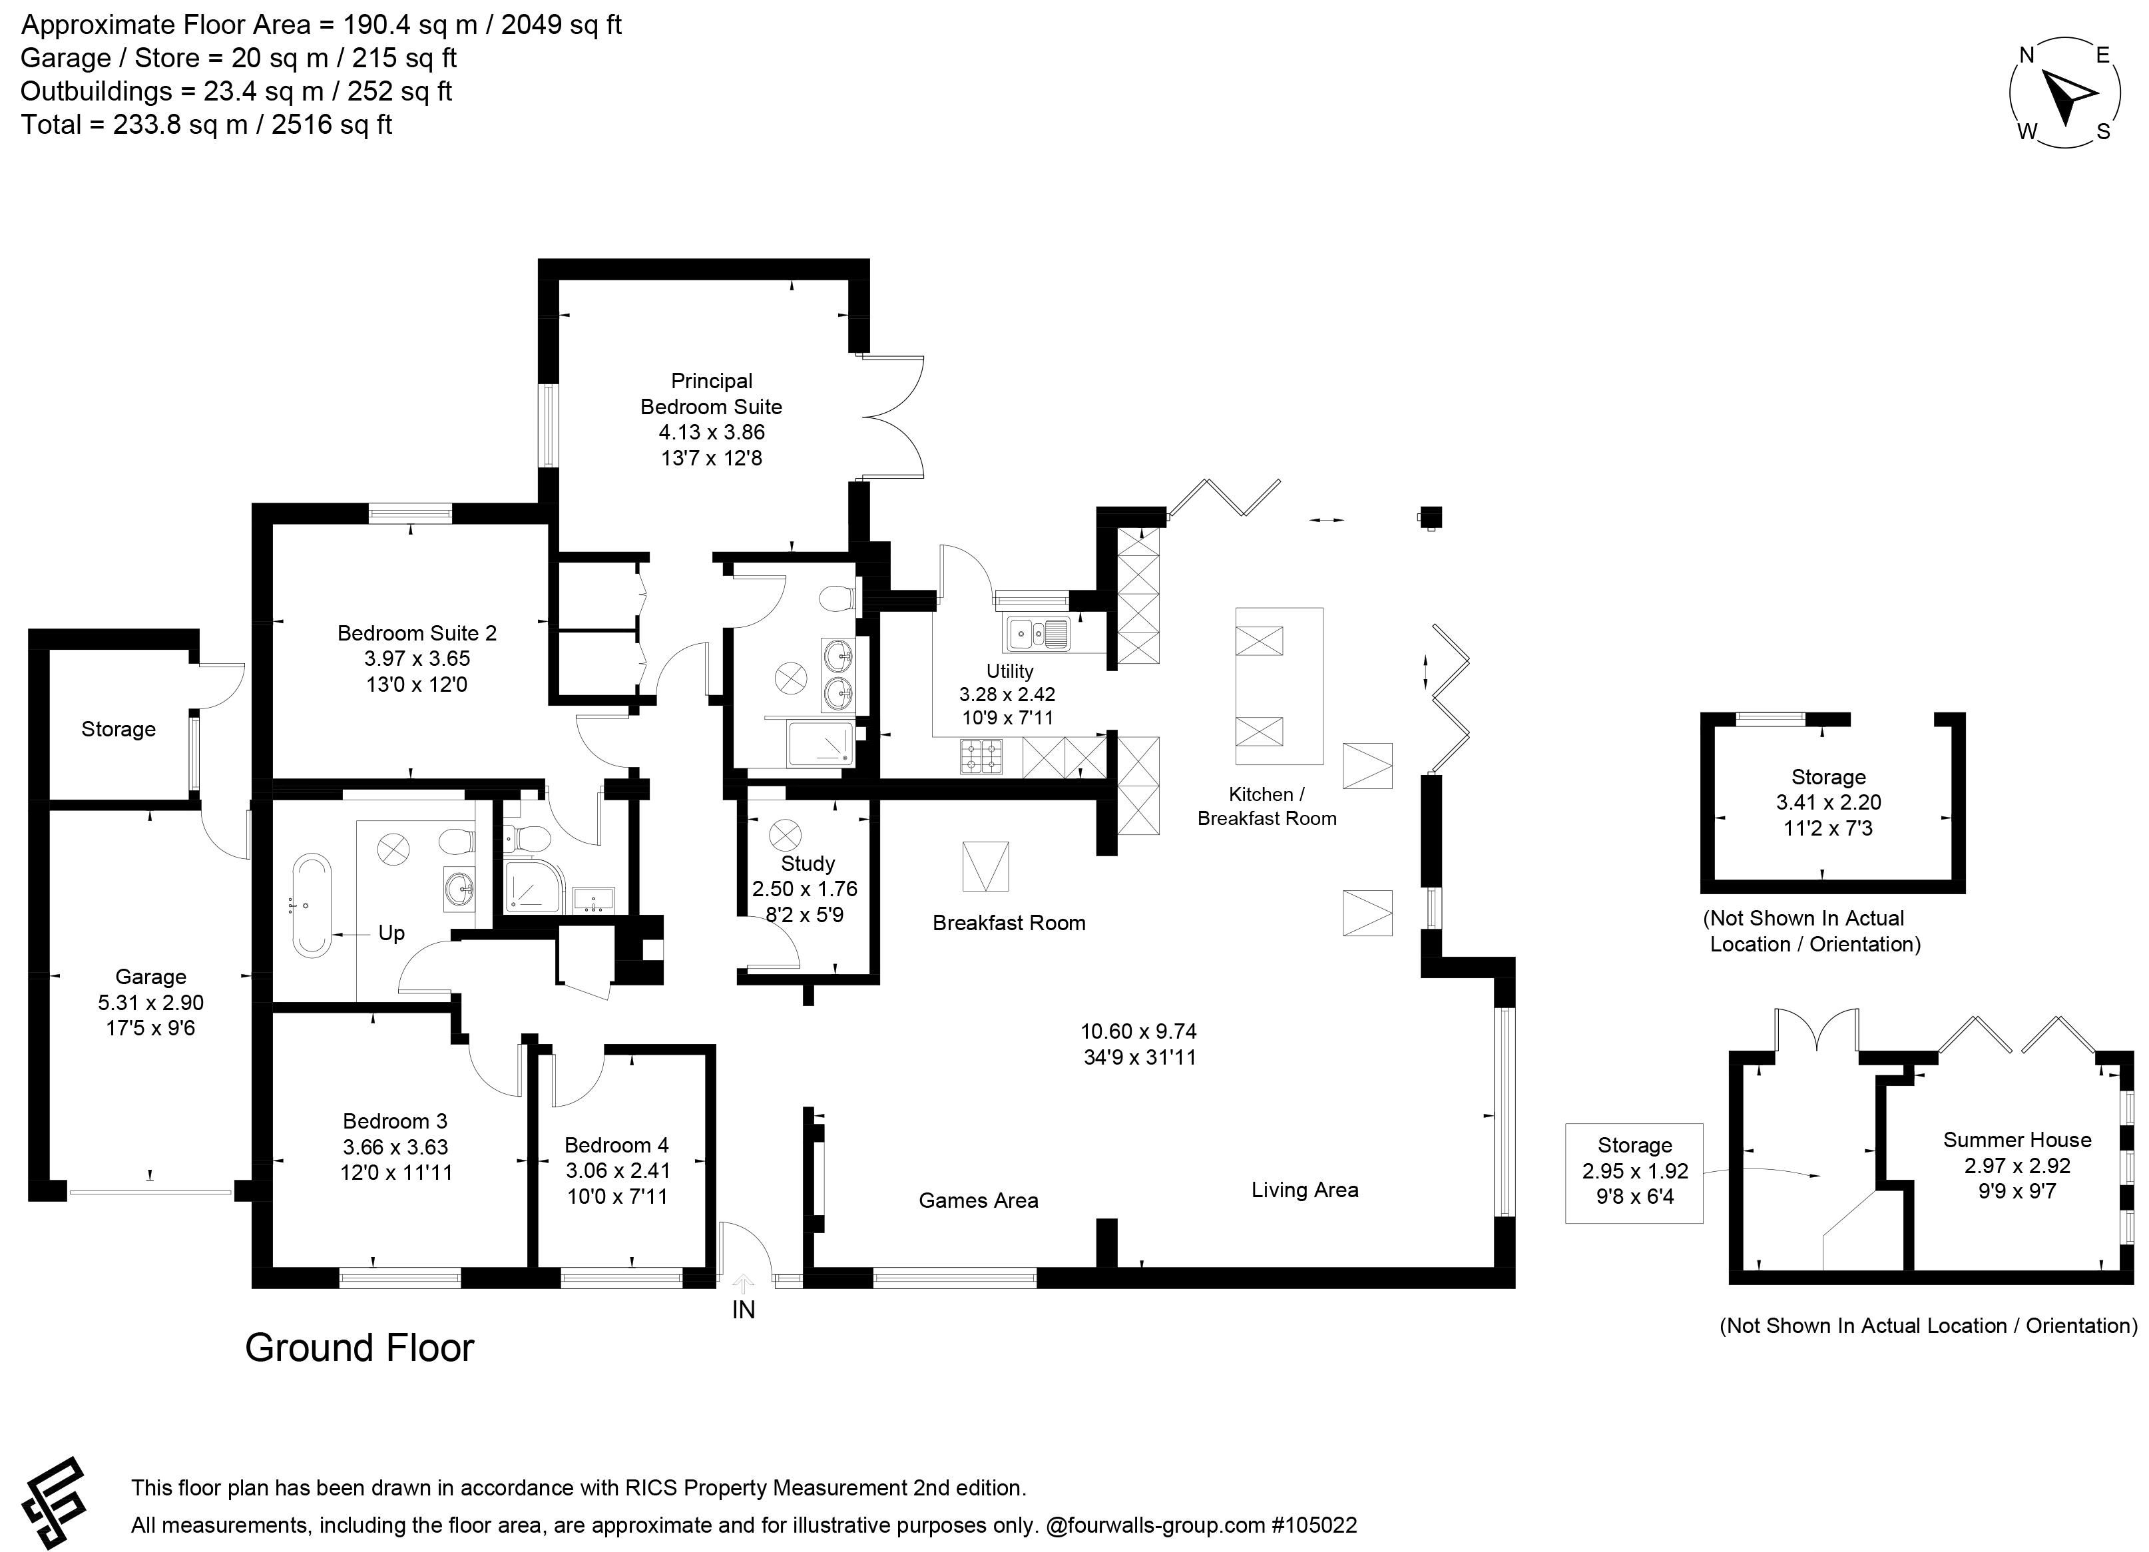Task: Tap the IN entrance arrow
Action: [744, 1284]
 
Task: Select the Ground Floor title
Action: [360, 1348]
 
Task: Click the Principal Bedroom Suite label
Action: [712, 393]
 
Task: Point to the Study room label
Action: [808, 863]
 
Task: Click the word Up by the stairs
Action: [391, 933]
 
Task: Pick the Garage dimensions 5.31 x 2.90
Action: [150, 1003]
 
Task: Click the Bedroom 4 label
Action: [617, 1145]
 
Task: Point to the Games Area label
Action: [979, 1200]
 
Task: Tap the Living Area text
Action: [1305, 1189]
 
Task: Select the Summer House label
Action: [2017, 1140]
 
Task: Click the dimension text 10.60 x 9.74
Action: [1139, 1031]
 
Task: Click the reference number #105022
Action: [1314, 1525]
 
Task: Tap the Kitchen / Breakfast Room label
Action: [1267, 806]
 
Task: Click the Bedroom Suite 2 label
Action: [417, 633]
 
